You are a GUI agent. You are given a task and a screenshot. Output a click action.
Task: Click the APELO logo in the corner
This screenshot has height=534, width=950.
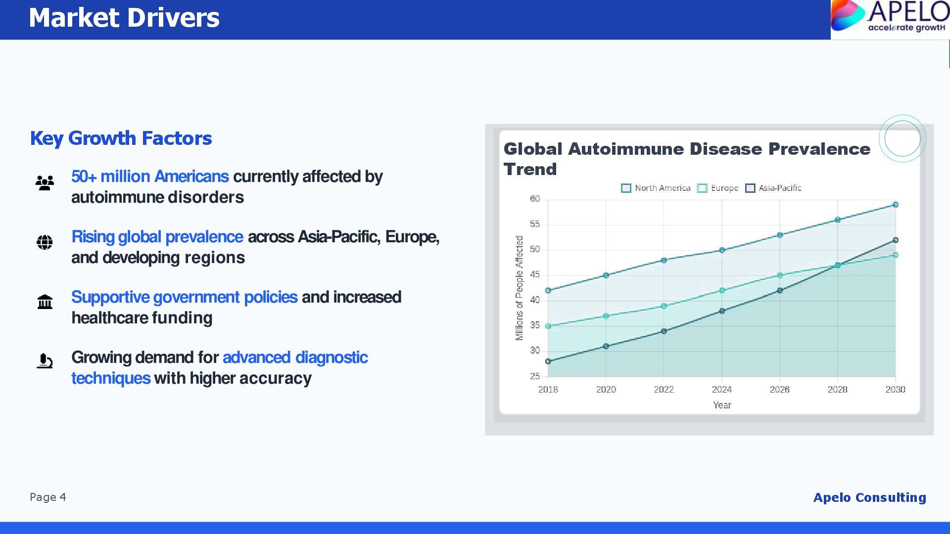(890, 19)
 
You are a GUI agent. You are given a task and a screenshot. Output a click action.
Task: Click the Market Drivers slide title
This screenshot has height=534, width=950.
(124, 18)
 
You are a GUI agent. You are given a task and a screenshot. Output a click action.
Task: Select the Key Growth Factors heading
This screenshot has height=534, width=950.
(121, 138)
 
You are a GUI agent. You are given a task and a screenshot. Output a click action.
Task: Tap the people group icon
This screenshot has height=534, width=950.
(45, 183)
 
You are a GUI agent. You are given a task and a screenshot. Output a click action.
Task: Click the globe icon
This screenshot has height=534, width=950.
(45, 242)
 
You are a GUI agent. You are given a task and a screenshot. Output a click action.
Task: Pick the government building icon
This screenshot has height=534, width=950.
(45, 302)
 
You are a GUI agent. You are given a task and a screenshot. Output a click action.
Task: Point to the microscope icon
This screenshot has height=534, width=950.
(45, 361)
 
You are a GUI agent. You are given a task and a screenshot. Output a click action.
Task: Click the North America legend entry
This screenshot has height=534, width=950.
(656, 188)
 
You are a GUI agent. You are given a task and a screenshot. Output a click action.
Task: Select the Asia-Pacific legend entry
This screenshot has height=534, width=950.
(773, 188)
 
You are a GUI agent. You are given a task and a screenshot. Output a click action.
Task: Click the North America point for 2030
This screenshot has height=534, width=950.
(896, 205)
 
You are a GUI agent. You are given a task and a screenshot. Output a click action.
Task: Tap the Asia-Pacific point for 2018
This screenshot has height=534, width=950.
(548, 361)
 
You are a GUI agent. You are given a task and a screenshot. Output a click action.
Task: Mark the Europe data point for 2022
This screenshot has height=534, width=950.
(664, 306)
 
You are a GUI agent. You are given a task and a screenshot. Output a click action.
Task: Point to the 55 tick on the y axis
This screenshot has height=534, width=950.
(535, 224)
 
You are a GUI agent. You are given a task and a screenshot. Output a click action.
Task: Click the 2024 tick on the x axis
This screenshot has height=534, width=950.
(722, 390)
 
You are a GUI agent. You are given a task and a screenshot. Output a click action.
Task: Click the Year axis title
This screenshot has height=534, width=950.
(722, 405)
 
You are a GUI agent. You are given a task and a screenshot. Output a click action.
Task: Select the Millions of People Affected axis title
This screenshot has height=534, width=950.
(520, 288)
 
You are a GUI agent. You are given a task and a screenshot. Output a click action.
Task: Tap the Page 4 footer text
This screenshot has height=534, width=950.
(48, 497)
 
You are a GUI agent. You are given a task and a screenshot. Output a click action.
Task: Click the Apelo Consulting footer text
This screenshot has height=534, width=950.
(870, 498)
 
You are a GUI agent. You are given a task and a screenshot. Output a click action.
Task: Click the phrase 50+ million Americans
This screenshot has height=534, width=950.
(150, 177)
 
